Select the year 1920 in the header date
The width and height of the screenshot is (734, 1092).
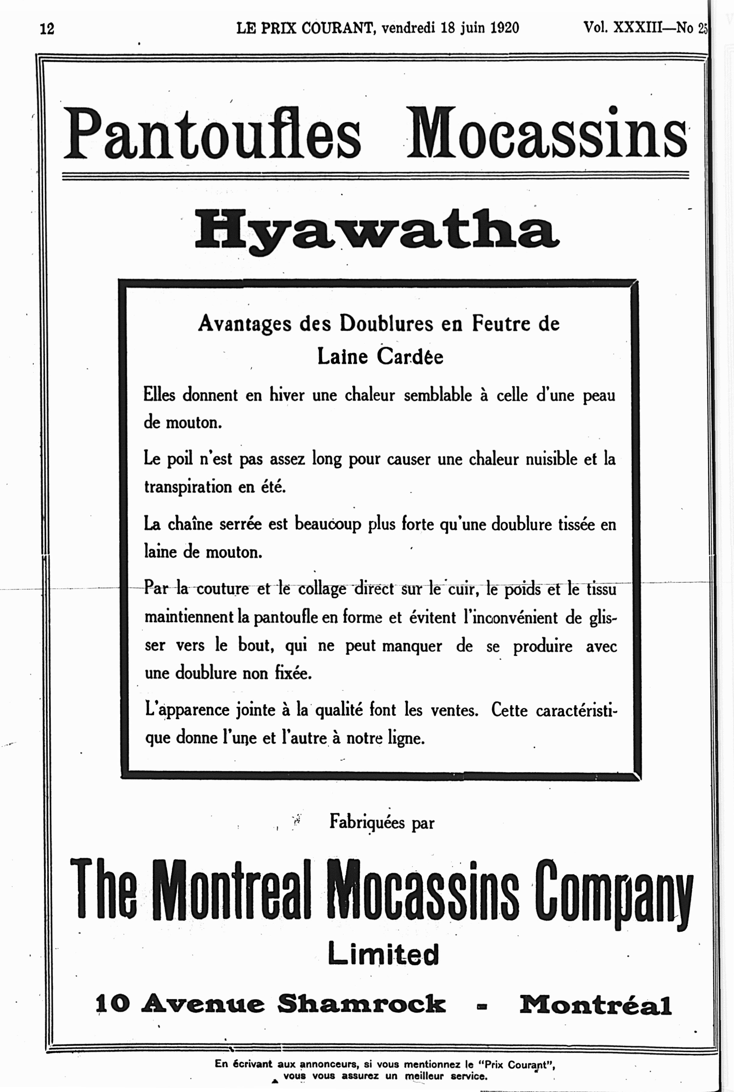[504, 28]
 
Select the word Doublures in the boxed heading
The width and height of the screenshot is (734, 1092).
[386, 324]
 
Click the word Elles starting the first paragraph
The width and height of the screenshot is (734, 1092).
[159, 395]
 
